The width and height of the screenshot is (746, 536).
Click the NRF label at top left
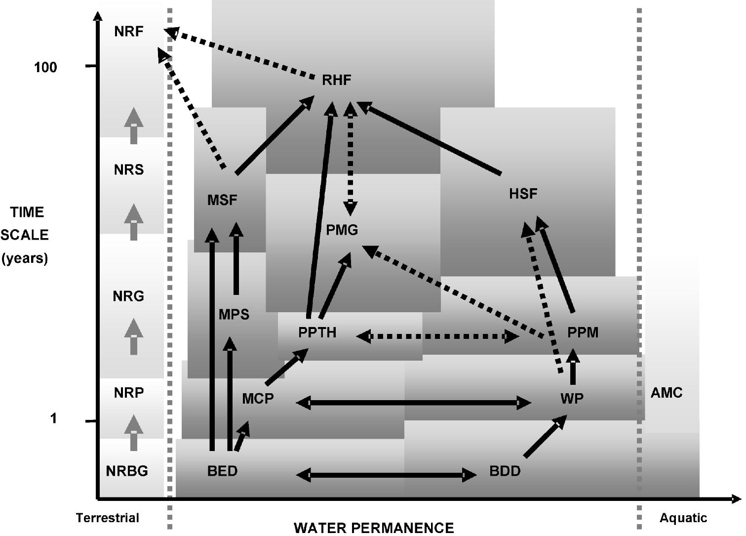coord(128,32)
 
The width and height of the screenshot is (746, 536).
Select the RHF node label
coord(336,80)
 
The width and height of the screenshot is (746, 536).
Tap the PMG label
coord(342,230)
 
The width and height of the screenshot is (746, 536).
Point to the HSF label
coord(523,194)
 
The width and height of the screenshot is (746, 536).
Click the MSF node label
coord(222,200)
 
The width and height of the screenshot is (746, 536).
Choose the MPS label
coord(234,315)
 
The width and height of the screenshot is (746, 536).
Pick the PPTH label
coord(317,332)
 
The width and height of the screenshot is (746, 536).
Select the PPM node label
coord(583,332)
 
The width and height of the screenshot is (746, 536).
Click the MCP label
coord(258,398)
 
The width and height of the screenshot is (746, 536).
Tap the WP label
coord(572,398)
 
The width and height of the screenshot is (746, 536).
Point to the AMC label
coord(667,393)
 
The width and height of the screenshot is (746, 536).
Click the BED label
coord(222,471)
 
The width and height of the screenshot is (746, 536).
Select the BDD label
coord(505,471)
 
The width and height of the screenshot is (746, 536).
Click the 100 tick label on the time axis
coord(45,67)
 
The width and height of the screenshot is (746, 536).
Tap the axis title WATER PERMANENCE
coord(374,528)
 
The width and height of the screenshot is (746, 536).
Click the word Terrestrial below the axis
coord(108,518)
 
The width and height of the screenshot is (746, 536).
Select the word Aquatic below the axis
coord(683,518)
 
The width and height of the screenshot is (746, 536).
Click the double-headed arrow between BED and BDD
coord(386,475)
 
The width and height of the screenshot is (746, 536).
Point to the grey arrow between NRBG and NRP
coord(133,433)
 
